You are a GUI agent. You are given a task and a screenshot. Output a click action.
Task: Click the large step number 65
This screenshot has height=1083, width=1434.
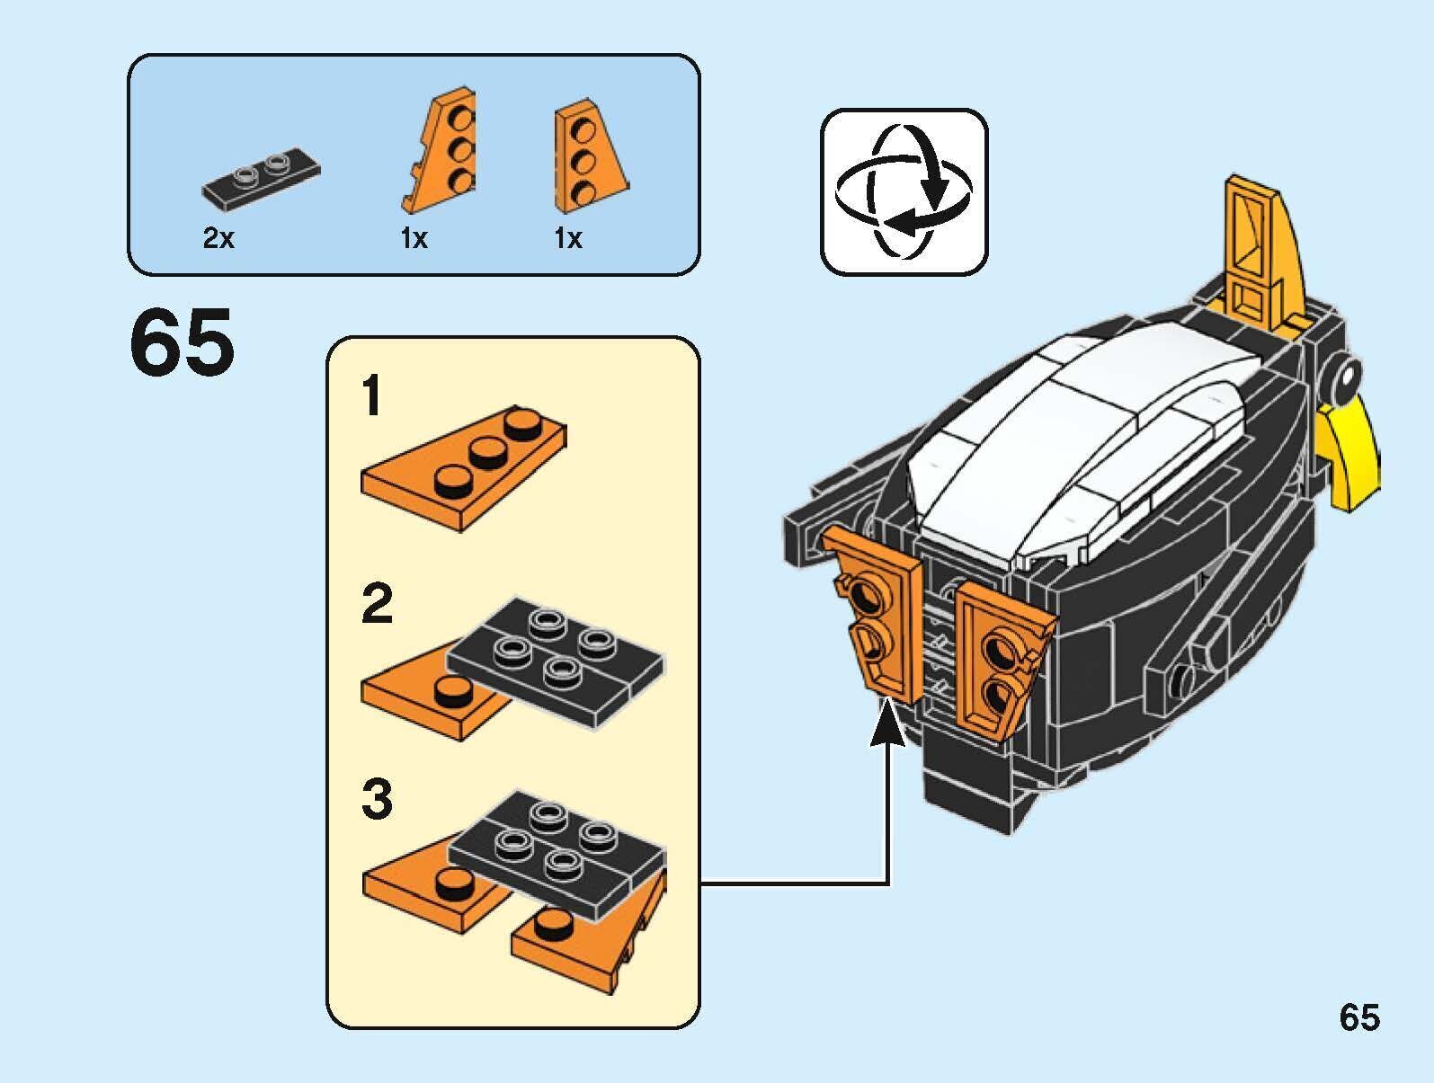coord(182,343)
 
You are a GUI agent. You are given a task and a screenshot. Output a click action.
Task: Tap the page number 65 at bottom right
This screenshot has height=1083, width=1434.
coord(1358,1018)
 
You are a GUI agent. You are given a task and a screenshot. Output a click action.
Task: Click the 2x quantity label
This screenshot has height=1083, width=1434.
coord(218,238)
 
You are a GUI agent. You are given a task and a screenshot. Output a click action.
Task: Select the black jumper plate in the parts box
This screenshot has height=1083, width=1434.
coord(262,177)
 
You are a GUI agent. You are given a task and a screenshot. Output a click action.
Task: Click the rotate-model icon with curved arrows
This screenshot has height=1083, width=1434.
coord(904,191)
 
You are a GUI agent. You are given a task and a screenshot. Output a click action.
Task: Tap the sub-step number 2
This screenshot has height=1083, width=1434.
coord(377,604)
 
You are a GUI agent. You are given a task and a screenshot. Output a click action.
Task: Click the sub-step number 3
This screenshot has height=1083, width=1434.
coord(377,800)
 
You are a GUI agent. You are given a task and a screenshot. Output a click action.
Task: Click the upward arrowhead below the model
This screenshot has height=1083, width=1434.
coord(888,723)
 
